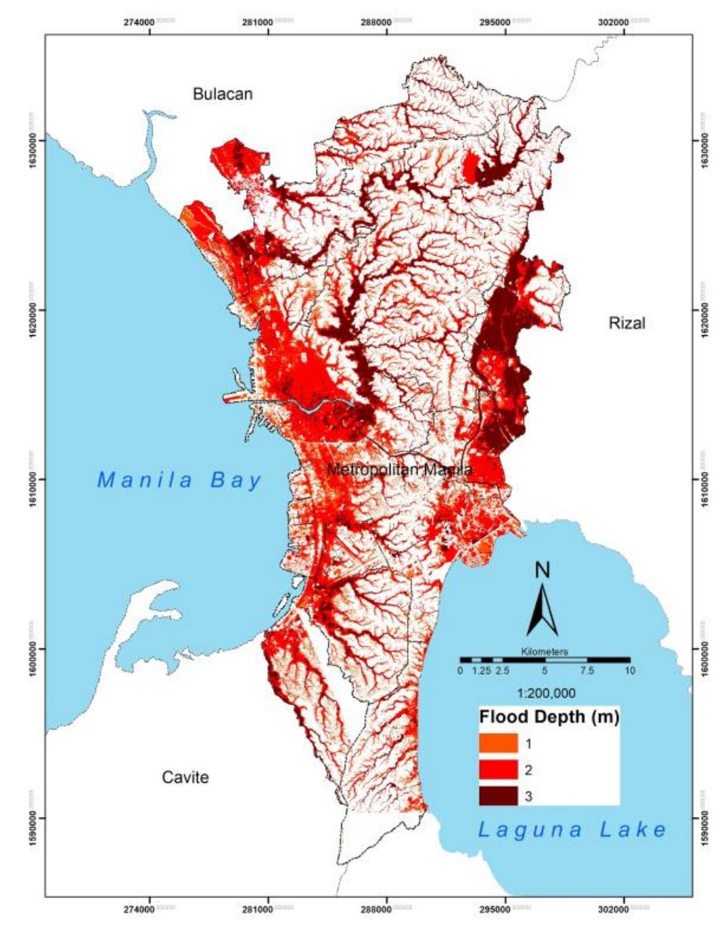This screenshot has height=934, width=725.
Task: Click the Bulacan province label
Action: (222, 94)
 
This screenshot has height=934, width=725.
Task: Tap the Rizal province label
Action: (627, 323)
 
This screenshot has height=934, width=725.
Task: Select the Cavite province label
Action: (185, 778)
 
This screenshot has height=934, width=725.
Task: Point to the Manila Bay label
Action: (180, 479)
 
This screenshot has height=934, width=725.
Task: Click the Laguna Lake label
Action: (572, 830)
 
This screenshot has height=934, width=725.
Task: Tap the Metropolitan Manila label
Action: (400, 470)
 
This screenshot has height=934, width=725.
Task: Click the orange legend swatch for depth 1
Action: (498, 744)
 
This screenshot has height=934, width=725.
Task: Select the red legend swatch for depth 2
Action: (498, 770)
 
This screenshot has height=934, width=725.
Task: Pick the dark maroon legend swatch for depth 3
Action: (498, 796)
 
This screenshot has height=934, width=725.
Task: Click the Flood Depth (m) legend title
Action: (549, 717)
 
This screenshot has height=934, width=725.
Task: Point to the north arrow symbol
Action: (542, 612)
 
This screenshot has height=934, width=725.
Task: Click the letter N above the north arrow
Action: (542, 570)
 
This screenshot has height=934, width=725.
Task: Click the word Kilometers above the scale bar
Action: (545, 651)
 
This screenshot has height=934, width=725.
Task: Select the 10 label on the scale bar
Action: (630, 670)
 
